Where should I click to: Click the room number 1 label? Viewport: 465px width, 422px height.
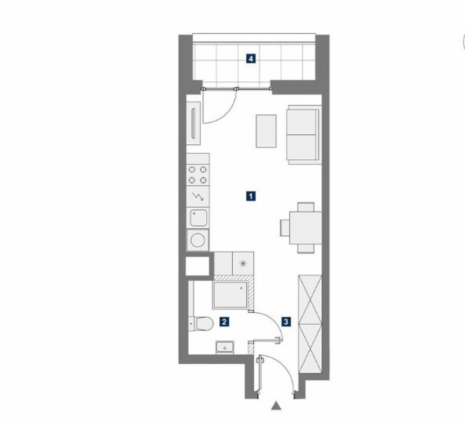251,196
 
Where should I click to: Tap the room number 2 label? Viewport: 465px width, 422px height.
224,321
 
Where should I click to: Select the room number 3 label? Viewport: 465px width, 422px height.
286,321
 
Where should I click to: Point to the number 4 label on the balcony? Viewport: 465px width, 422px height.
251,59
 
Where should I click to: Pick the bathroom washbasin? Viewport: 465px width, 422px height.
225,347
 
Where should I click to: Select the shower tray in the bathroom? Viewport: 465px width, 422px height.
230,295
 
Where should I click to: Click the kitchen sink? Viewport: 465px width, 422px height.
198,218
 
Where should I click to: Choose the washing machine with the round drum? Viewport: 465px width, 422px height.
198,240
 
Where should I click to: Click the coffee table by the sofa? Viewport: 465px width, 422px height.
266,131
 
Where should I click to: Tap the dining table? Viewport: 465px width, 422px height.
306,227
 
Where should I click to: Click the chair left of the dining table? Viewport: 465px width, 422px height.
285,228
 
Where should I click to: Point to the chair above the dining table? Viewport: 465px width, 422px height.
306,207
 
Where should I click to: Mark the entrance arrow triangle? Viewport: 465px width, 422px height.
276,406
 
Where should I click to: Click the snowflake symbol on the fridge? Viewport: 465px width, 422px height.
243,263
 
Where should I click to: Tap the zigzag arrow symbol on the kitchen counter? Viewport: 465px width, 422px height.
198,197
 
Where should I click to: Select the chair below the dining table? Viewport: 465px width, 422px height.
306,249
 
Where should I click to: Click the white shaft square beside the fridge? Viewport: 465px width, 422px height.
197,266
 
